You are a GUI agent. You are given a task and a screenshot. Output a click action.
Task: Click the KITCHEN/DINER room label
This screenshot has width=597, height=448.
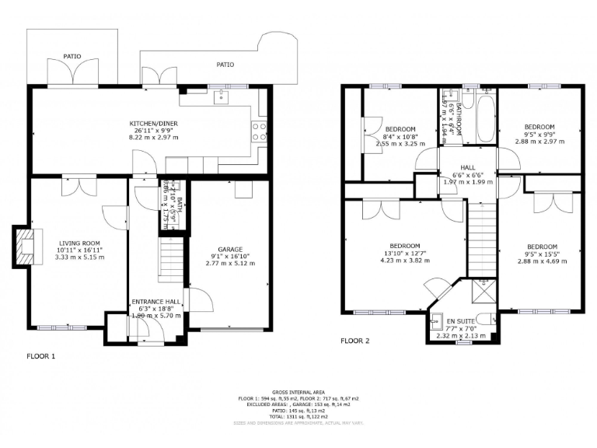pos(153,123)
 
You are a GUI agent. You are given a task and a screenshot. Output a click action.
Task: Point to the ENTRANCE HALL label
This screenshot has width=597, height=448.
pos(155,301)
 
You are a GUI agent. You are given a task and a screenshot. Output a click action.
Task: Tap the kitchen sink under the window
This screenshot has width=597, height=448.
pos(221,97)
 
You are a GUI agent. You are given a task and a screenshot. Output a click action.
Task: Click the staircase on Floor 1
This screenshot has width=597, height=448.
pos(171,261)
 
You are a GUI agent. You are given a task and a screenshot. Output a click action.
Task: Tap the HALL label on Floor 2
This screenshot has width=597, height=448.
pos(467,167)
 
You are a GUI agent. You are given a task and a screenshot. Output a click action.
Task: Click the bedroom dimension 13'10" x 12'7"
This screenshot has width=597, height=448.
pos(404,253)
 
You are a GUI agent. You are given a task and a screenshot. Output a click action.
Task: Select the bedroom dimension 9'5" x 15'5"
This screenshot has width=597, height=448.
pos(543,253)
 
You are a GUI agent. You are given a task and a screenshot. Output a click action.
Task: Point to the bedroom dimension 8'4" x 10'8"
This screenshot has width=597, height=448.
pos(401,136)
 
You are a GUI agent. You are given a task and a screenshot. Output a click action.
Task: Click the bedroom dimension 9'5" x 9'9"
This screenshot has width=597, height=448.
pos(539,135)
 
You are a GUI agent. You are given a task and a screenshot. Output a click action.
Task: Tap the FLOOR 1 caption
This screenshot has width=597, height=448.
pos(41,356)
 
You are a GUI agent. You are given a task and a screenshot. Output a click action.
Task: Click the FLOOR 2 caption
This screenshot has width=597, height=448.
pos(354,341)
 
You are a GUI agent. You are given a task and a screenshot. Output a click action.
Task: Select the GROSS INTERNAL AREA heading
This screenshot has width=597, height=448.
pos(298,392)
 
